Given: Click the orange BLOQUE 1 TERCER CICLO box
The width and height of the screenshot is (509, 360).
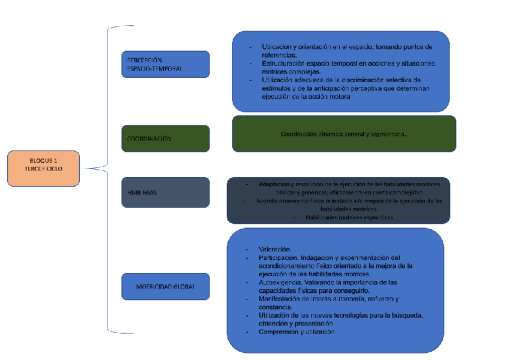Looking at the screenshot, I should pyautogui.click(x=43, y=168).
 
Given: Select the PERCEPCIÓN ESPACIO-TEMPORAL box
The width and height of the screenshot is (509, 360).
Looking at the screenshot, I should pyautogui.click(x=165, y=64).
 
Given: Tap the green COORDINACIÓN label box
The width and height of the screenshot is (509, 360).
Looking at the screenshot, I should pyautogui.click(x=165, y=139).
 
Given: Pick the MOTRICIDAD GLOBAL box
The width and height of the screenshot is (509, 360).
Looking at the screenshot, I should pyautogui.click(x=165, y=286).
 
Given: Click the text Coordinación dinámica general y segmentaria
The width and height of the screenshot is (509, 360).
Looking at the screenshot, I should pyautogui.click(x=344, y=134).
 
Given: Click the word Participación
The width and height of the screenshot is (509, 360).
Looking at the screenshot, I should pyautogui.click(x=278, y=257).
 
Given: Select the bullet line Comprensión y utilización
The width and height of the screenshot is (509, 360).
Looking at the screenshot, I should pyautogui.click(x=296, y=332).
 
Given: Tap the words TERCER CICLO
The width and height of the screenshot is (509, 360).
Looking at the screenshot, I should pyautogui.click(x=43, y=169).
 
